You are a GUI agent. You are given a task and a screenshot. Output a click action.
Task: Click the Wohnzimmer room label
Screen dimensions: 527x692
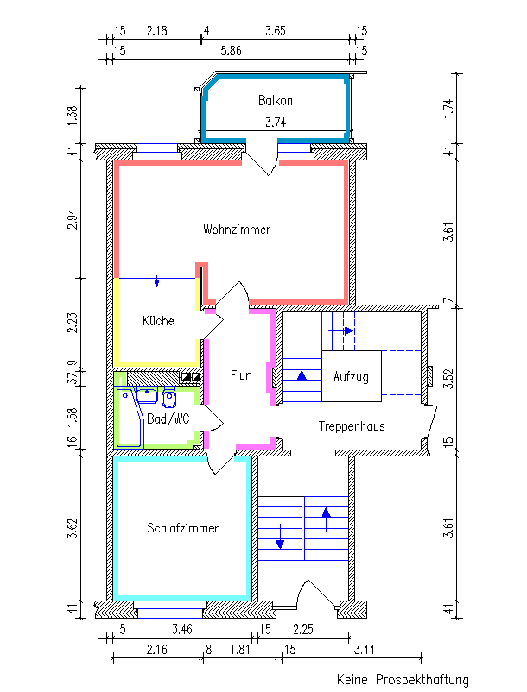(x=237, y=230)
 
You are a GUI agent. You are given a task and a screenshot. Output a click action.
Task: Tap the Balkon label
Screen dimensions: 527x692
(x=276, y=101)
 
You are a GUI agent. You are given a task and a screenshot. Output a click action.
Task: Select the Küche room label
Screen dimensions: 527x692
(x=158, y=320)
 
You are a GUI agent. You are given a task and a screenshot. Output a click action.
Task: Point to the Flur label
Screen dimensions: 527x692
(x=240, y=375)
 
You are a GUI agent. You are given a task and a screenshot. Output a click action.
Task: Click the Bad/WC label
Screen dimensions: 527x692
(x=168, y=418)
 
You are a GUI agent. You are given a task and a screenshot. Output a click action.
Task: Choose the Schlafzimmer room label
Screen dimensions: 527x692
(x=183, y=528)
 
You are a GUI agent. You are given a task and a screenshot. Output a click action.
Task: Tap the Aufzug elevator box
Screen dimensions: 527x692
(x=352, y=376)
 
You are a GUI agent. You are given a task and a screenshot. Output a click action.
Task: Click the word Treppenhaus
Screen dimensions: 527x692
(x=352, y=426)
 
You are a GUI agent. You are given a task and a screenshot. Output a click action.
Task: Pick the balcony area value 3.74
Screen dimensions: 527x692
(x=276, y=123)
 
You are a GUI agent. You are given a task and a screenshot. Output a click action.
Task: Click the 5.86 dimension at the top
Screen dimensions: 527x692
(x=231, y=51)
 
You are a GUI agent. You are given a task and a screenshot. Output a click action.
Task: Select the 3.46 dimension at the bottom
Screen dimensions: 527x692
(x=182, y=629)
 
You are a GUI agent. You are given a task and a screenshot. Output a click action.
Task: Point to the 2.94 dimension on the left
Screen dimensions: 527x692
(x=73, y=219)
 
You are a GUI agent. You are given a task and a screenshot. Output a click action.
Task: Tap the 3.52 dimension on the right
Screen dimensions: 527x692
(x=448, y=379)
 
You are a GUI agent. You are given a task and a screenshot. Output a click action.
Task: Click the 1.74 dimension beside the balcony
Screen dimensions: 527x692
(x=448, y=108)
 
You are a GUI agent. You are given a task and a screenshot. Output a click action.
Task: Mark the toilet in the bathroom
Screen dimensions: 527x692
(x=168, y=397)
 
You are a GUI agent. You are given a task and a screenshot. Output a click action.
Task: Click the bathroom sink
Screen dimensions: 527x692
(x=147, y=394)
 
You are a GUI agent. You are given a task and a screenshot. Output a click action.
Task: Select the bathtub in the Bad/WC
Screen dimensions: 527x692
(x=129, y=418)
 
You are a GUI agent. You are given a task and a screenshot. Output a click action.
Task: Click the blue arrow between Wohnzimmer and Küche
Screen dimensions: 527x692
(x=157, y=281)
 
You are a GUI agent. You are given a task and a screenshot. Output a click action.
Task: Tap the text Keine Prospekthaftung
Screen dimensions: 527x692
(x=403, y=679)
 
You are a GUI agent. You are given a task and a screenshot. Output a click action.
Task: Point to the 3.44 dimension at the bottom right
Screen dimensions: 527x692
(x=365, y=650)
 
